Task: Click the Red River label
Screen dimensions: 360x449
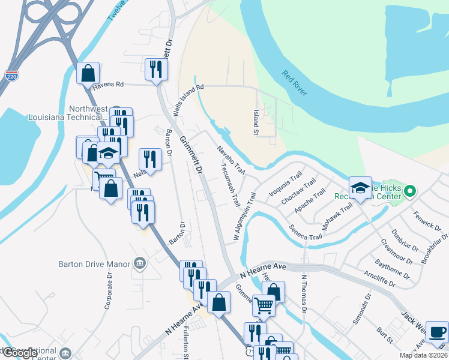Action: click(x=295, y=83)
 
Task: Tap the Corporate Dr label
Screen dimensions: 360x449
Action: click(x=109, y=290)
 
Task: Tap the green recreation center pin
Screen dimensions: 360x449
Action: click(x=411, y=192)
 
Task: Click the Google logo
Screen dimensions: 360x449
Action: click(x=20, y=353)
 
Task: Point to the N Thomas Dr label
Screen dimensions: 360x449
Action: click(x=304, y=295)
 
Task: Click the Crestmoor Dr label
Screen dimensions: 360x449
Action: click(x=397, y=252)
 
